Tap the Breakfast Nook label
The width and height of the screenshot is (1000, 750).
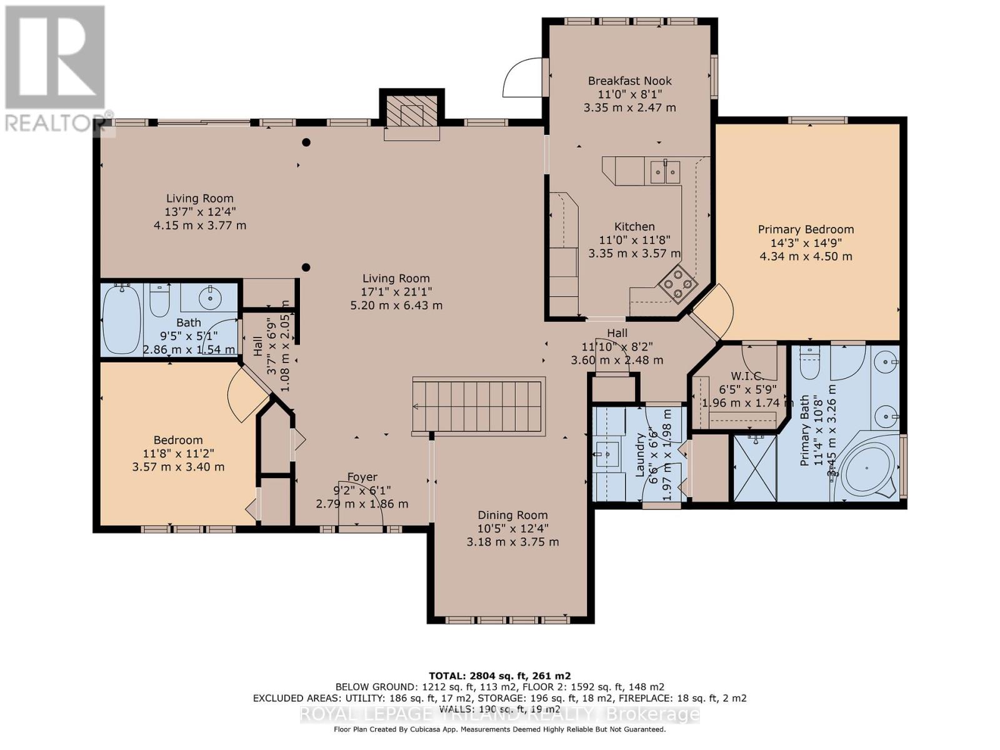coord(629,81)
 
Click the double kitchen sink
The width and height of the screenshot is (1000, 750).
coord(664,171)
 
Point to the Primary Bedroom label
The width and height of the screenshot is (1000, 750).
coord(806,229)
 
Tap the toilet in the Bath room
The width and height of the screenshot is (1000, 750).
coord(161,301)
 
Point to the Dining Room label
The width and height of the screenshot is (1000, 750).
coord(512,515)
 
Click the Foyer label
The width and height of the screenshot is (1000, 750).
coord(362,477)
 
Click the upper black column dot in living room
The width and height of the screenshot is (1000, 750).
coord(306,142)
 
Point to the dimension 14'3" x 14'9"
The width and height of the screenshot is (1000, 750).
coord(806,243)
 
